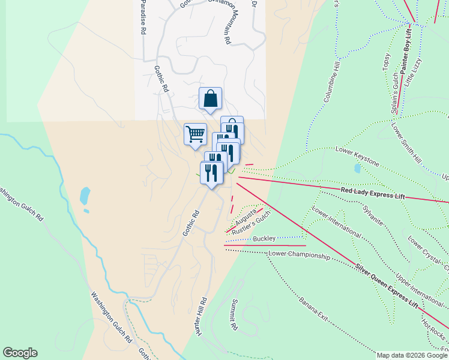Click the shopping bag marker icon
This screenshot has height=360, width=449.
point(210,98)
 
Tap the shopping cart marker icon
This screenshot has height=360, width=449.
point(195,134)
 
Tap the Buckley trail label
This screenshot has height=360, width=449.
point(264,239)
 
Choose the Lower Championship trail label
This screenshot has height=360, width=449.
point(299,255)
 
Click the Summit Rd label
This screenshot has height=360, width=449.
point(234,315)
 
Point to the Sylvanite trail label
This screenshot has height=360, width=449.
point(372,215)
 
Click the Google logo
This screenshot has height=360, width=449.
point(20,353)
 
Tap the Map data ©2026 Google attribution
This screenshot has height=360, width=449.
point(412,355)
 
